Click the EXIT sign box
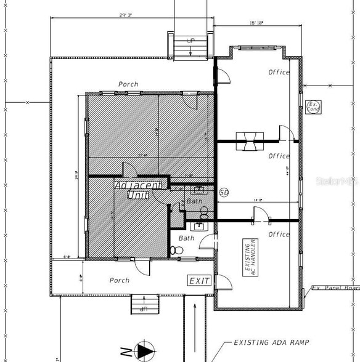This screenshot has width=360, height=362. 200,281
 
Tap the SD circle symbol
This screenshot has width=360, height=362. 224,193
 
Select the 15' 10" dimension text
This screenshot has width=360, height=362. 256,23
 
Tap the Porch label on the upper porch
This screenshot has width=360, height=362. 128,84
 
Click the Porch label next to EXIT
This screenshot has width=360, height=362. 120,280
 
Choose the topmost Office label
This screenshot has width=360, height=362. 279,72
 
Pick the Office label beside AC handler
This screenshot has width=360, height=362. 279,234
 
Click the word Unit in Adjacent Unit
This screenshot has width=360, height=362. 134,195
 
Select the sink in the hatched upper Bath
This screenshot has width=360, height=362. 198,190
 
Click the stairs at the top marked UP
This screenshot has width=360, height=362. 190,47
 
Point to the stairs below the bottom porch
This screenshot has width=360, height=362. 144,305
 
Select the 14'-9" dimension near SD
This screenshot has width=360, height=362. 257,199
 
